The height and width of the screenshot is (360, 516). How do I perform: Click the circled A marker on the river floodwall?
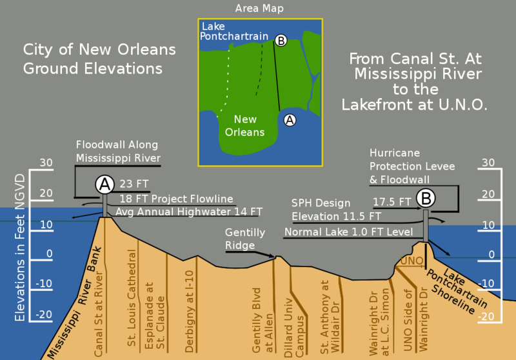click(x=104, y=185)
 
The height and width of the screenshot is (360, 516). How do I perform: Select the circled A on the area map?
click(x=290, y=119)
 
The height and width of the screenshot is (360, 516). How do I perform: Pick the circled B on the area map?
click(x=281, y=41)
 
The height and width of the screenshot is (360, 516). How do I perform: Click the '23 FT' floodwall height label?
click(x=134, y=183)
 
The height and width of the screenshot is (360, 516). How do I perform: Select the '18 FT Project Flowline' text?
click(x=176, y=198)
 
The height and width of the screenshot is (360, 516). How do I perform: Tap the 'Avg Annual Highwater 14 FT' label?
click(x=189, y=211)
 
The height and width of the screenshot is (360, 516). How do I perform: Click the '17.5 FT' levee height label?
click(x=392, y=201)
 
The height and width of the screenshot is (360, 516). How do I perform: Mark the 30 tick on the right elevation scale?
click(x=488, y=163)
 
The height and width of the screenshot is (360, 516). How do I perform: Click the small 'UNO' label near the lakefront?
click(x=411, y=261)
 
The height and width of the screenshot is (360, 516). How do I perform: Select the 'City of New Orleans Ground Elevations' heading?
click(x=99, y=58)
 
